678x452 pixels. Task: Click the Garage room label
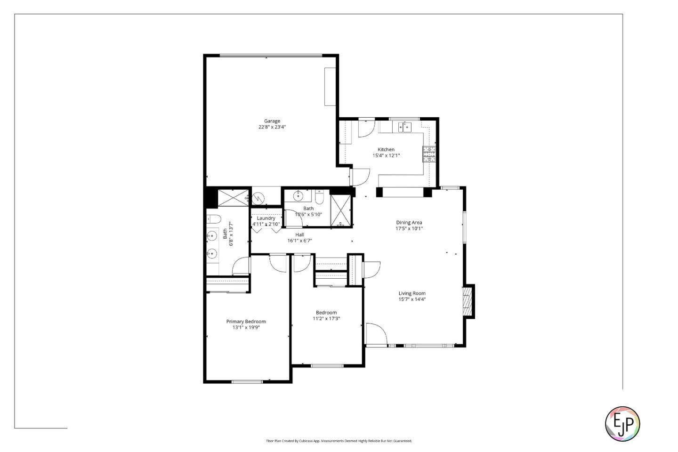click(272, 121)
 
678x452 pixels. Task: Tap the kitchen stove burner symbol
click(429, 154)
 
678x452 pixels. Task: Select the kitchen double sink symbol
click(404, 127)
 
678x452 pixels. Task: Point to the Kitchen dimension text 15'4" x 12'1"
click(386, 155)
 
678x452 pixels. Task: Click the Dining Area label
click(409, 223)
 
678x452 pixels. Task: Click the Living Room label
click(412, 293)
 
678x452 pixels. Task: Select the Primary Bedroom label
click(246, 322)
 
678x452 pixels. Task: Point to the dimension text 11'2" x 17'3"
click(326, 319)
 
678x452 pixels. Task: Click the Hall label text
click(299, 234)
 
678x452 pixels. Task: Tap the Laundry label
click(266, 218)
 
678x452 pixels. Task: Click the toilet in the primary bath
click(213, 219)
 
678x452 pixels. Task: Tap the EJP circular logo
click(622, 423)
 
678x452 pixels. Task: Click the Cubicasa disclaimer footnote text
click(339, 441)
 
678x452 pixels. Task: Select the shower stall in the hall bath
click(341, 210)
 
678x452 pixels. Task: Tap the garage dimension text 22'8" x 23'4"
click(272, 127)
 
